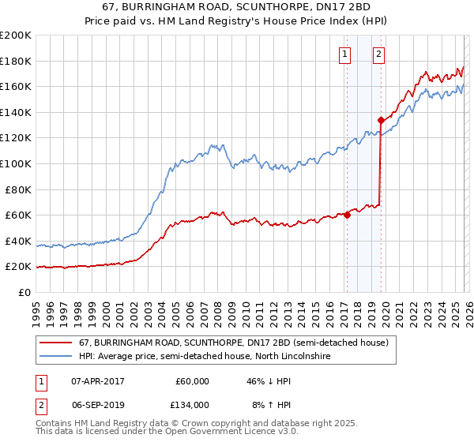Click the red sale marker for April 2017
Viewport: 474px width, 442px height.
point(347,215)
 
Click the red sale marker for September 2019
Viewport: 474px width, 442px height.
point(381,120)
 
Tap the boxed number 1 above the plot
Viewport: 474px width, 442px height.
point(346,54)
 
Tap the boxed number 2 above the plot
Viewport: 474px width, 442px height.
point(379,54)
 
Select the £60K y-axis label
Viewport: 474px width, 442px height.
point(18,215)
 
